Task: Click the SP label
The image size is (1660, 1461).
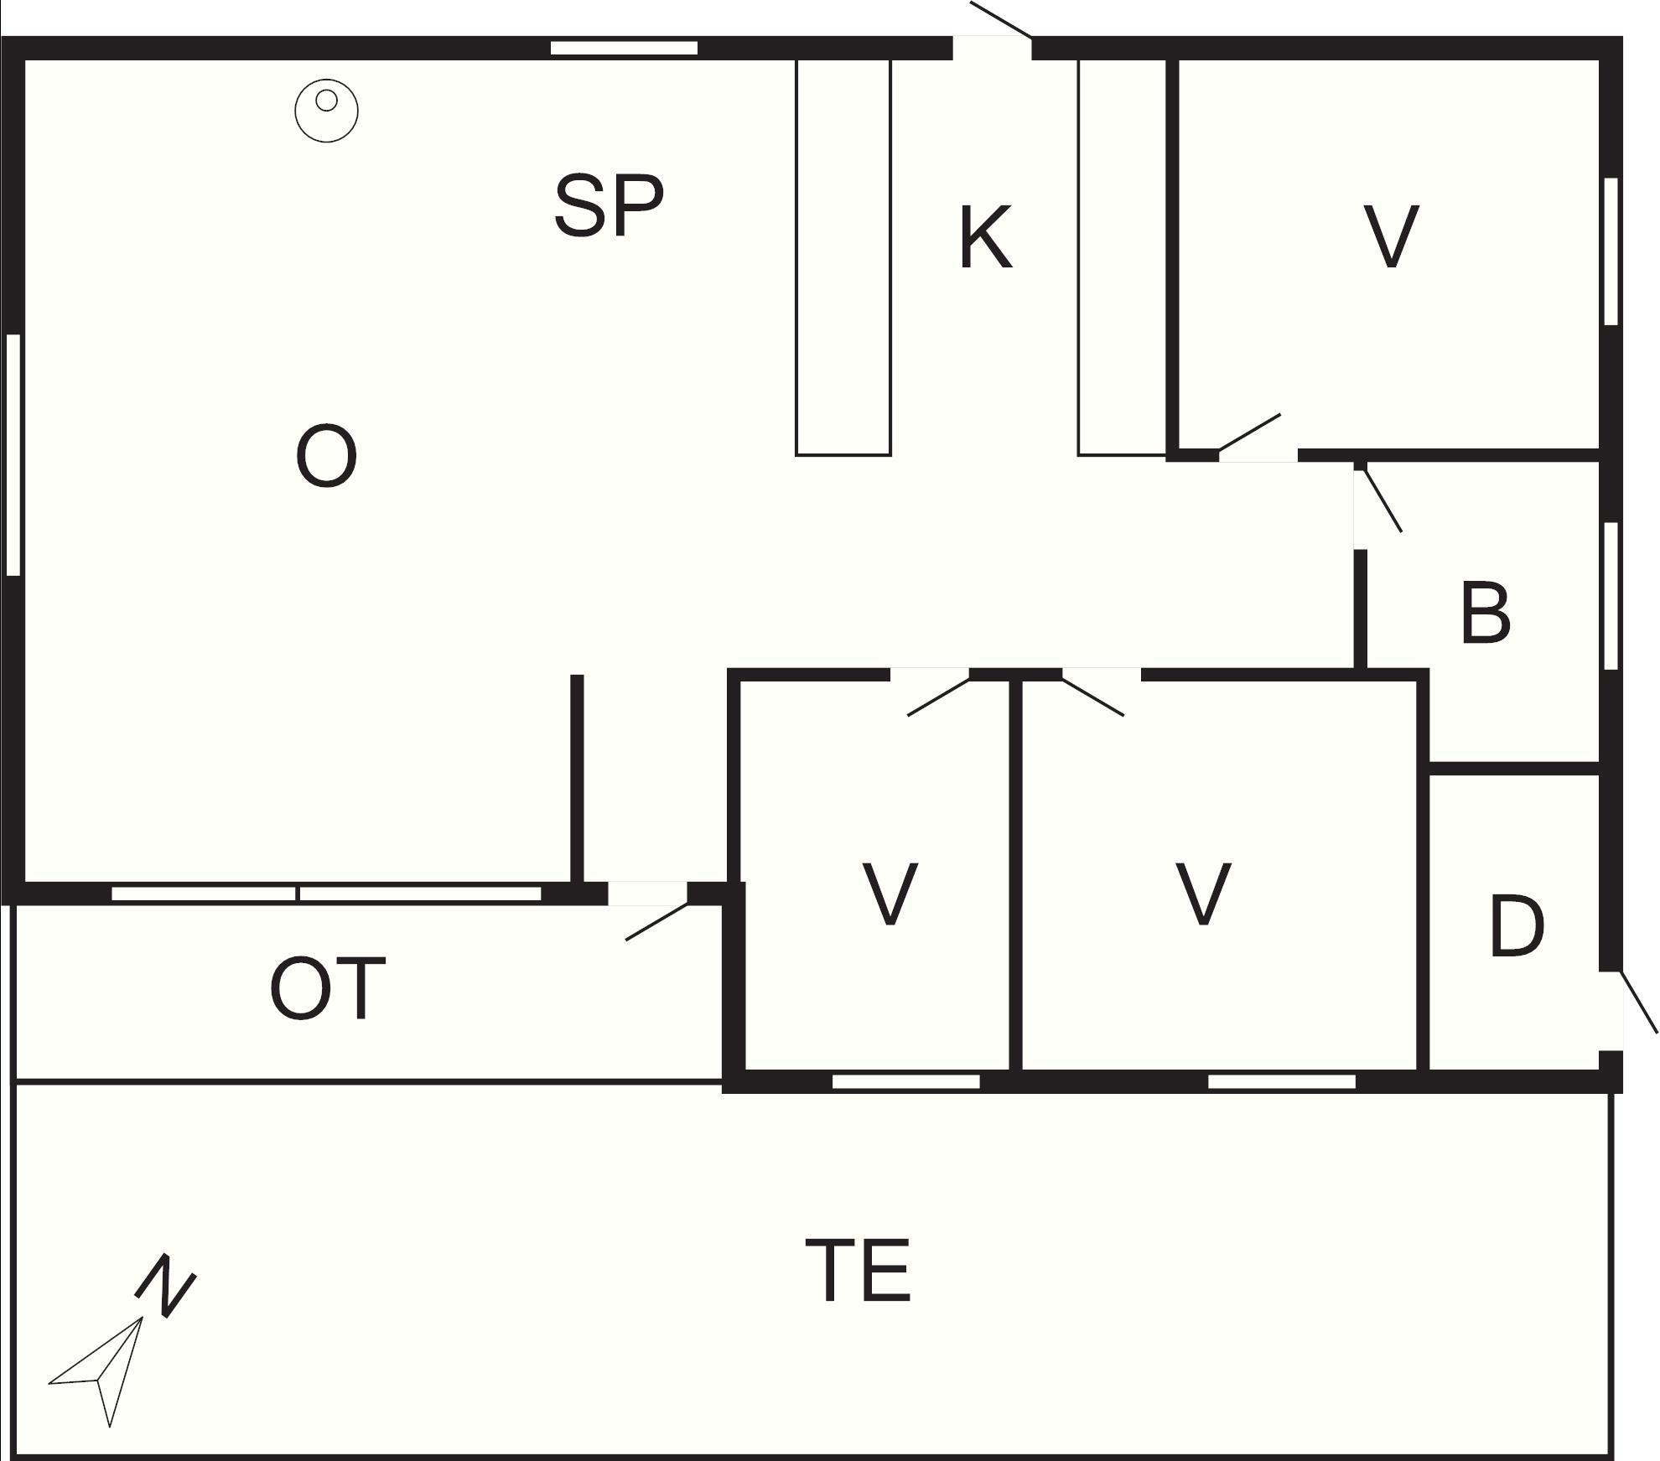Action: pos(609,205)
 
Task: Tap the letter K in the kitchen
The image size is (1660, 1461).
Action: pos(985,239)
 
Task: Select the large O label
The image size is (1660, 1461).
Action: pos(326,456)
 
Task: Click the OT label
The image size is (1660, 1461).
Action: pos(328,990)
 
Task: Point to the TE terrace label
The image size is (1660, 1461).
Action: pos(858,1271)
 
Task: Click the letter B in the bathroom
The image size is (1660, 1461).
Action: pos(1485,614)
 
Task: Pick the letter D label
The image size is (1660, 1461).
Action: pos(1517,926)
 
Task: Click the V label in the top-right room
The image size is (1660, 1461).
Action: pos(1391,236)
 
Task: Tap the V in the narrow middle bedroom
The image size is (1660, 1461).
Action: pos(890,894)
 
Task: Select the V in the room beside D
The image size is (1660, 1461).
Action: pos(1203,894)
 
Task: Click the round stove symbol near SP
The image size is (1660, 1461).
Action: pos(326,110)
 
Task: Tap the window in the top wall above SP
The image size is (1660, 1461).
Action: pos(624,48)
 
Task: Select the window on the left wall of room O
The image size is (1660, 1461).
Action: pos(13,454)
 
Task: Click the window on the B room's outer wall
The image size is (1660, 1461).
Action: pos(1610,595)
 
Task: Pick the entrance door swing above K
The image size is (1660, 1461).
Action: pos(1000,20)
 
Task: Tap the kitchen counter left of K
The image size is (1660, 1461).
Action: pos(843,257)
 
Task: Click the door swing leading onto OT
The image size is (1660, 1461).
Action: pos(656,921)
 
